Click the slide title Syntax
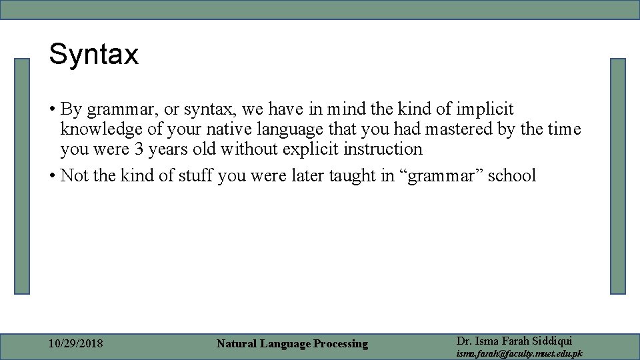pyautogui.click(x=93, y=54)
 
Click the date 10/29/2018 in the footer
pyautogui.click(x=76, y=344)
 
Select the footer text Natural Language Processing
pyautogui.click(x=292, y=344)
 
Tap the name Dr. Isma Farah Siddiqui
pyautogui.click(x=514, y=341)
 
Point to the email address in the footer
pyautogui.click(x=519, y=354)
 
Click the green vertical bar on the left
pyautogui.click(x=23, y=176)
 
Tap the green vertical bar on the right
pyautogui.click(x=618, y=176)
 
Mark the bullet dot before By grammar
pyautogui.click(x=51, y=109)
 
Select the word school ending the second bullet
pyautogui.click(x=511, y=176)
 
